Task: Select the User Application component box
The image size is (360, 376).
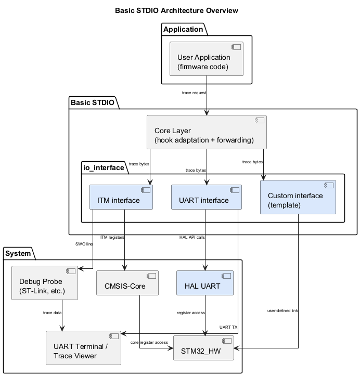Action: (207, 59)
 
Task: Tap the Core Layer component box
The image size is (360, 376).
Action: (207, 132)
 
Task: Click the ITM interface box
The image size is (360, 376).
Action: (121, 197)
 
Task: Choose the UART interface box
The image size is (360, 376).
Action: (207, 197)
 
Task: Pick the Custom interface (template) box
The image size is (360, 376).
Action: (298, 197)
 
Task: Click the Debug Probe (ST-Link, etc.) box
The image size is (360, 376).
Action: (45, 283)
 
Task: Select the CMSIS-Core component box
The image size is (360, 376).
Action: (125, 283)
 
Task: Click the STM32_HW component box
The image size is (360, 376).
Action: (203, 348)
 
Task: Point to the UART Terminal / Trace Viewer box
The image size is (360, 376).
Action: (83, 348)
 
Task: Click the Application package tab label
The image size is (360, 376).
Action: (183, 29)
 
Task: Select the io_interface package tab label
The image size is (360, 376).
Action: (104, 167)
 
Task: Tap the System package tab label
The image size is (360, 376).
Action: (19, 254)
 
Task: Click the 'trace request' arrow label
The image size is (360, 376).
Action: (194, 93)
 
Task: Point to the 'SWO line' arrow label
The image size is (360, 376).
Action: (83, 243)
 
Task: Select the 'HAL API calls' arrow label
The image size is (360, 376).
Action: (192, 237)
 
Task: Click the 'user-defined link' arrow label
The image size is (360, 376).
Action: (283, 310)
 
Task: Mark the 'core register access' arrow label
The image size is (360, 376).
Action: (149, 342)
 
